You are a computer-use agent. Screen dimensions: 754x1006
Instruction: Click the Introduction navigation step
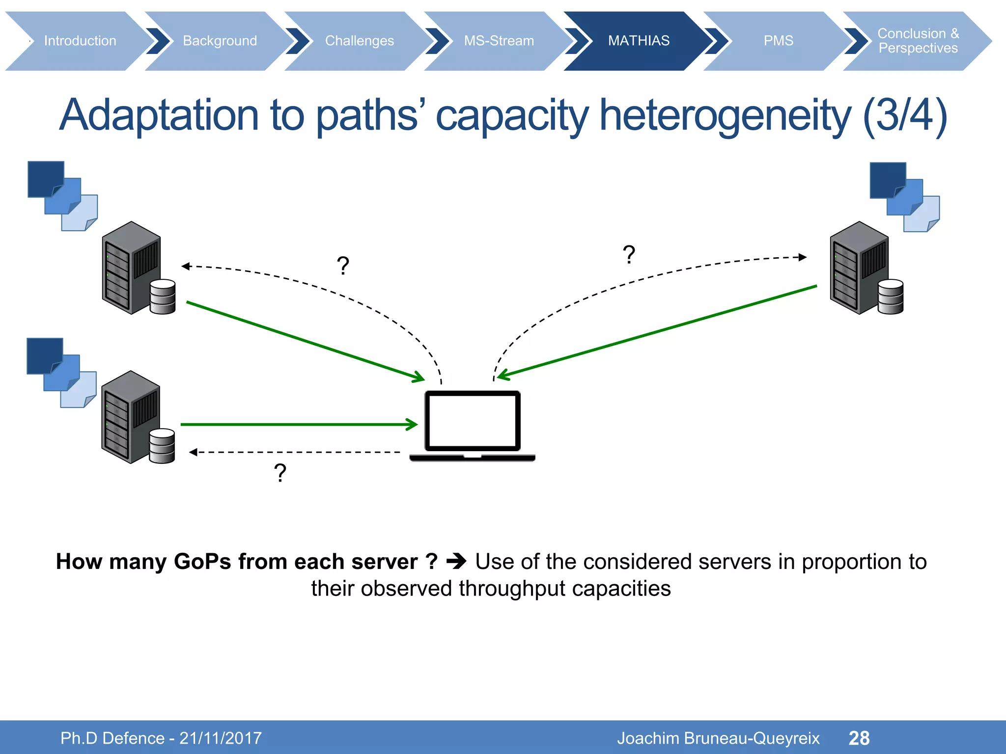pos(80,41)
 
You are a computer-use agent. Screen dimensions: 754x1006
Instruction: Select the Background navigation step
pos(220,41)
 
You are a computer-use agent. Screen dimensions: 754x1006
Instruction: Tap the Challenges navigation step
pos(359,41)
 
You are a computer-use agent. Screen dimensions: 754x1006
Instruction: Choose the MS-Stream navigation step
pos(499,41)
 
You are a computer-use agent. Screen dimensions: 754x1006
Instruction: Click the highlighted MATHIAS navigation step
pos(639,41)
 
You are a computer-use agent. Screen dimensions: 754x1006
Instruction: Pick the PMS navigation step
pos(778,41)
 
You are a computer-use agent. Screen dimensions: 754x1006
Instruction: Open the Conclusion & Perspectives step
pos(918,41)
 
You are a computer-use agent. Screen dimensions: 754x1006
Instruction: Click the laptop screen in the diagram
pos(472,421)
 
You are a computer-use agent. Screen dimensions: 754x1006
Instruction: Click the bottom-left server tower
pos(130,417)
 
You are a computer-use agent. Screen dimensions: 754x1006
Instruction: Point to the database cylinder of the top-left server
pos(163,296)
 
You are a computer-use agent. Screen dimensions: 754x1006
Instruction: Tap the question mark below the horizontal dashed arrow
pos(280,473)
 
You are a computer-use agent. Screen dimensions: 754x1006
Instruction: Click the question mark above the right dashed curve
pos(629,255)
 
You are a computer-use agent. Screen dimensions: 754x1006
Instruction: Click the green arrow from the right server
pos(658,332)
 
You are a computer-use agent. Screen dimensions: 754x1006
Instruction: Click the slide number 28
pos(859,738)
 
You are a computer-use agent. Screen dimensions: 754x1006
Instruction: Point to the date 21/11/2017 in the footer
pos(221,738)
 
